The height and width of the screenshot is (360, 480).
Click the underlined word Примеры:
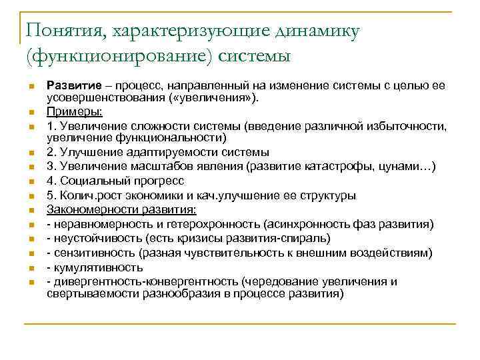[75, 111]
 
